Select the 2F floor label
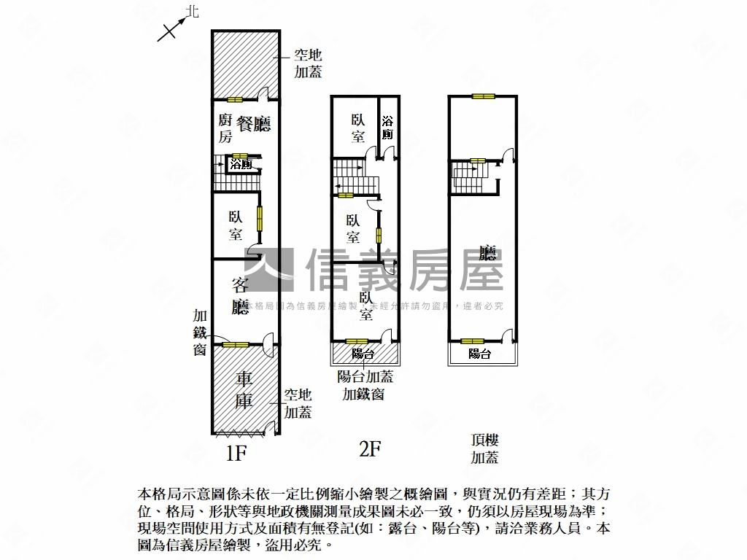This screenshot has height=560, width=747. (x=371, y=448)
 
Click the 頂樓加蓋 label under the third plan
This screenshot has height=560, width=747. (x=484, y=448)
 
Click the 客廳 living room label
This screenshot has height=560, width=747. (x=241, y=295)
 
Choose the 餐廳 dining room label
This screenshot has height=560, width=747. (x=253, y=124)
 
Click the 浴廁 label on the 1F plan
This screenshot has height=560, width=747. (x=241, y=166)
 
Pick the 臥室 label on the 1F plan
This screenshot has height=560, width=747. (x=236, y=226)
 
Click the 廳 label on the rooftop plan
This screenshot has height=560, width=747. (x=487, y=254)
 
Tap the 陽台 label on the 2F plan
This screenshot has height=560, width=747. (x=363, y=354)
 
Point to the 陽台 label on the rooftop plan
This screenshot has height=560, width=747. (x=479, y=354)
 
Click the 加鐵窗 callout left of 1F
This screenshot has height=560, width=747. (x=201, y=332)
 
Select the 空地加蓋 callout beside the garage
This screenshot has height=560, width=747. (x=298, y=403)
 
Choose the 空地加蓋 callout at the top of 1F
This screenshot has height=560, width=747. (x=308, y=63)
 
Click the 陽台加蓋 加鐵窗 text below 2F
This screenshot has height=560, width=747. (x=365, y=386)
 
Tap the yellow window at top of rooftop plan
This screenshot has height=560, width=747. (x=482, y=96)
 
